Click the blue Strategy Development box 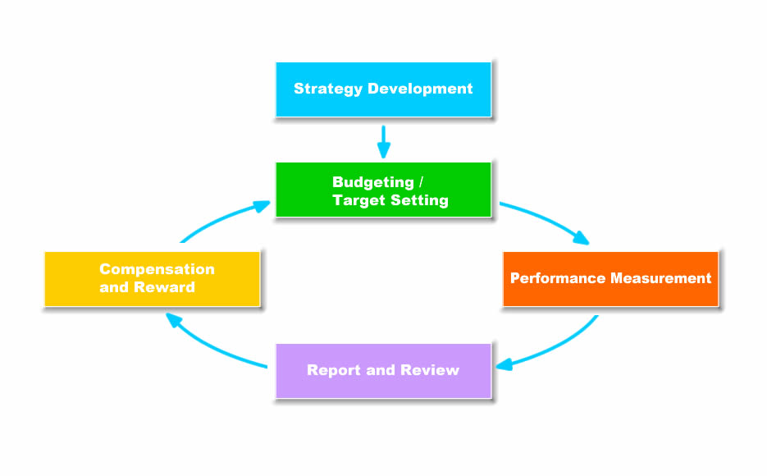[384, 89]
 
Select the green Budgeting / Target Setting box [384, 190]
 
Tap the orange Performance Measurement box [610, 279]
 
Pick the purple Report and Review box [384, 371]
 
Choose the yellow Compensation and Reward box [152, 279]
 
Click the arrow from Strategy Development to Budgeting [384, 142]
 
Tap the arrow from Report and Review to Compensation [210, 346]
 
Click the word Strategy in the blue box [328, 89]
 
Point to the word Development [420, 89]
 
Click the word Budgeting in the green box [373, 182]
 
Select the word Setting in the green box [419, 200]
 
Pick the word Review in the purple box [430, 370]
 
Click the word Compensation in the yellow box [157, 269]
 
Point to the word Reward [164, 287]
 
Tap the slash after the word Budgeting [421, 182]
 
